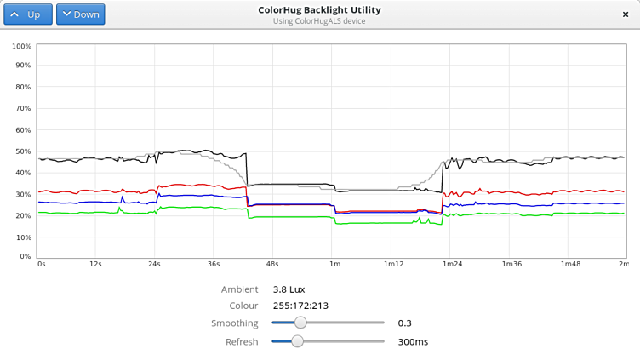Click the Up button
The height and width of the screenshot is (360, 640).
[28, 14]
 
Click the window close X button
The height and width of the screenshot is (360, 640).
[626, 14]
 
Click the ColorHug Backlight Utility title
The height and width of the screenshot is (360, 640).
[319, 10]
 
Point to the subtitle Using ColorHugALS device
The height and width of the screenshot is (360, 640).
[319, 21]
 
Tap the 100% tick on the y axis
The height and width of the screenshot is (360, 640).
[22, 46]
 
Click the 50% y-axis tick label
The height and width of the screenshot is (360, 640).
[24, 151]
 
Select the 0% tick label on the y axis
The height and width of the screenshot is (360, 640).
[26, 256]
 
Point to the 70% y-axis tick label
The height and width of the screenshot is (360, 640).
[24, 108]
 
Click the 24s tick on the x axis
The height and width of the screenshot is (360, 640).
[154, 264]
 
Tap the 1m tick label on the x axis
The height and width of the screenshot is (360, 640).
[334, 264]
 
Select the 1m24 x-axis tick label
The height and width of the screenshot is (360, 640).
[452, 264]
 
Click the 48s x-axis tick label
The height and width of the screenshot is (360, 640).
[272, 264]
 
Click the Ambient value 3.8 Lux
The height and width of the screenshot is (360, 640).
[289, 289]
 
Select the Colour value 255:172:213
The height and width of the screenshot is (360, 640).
[300, 306]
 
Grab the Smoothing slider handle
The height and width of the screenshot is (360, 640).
[300, 323]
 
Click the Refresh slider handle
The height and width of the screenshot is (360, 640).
[297, 341]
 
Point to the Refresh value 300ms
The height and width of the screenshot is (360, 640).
[413, 342]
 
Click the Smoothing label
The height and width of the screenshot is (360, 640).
[234, 323]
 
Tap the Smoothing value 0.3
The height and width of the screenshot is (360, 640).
[404, 323]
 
